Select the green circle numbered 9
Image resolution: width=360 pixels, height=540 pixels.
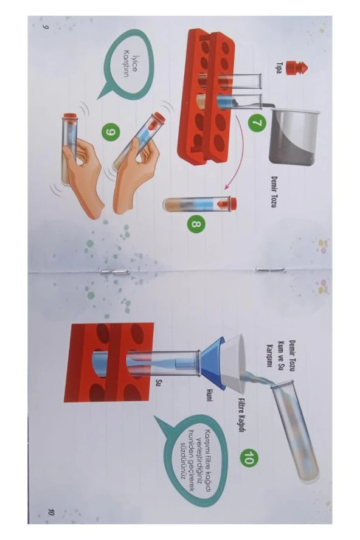tap(108, 131)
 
